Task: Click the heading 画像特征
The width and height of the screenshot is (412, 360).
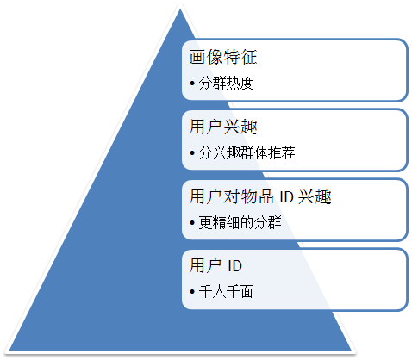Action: click(223, 57)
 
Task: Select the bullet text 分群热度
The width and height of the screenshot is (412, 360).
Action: click(226, 84)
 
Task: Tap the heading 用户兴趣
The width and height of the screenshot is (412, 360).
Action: click(223, 127)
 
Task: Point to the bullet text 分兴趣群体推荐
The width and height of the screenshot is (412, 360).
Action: click(247, 152)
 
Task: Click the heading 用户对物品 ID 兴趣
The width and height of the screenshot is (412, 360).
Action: click(260, 196)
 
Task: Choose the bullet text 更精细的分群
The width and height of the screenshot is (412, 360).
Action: click(240, 222)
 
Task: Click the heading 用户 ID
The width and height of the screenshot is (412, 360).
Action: click(215, 265)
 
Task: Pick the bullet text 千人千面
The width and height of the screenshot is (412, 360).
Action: click(226, 292)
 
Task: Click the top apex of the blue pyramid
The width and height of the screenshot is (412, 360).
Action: click(180, 9)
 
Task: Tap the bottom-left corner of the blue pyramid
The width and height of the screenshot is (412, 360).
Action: click(9, 351)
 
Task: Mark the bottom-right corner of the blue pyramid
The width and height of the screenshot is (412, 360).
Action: click(351, 351)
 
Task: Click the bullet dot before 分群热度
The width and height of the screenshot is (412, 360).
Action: click(192, 84)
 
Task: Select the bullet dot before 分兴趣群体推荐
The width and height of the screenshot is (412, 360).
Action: click(192, 153)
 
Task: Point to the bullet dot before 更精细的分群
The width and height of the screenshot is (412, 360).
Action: click(192, 223)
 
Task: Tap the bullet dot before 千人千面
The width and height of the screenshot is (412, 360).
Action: click(192, 292)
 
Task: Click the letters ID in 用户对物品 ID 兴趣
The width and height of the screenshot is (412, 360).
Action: click(286, 197)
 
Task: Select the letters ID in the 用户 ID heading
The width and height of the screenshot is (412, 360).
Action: click(234, 266)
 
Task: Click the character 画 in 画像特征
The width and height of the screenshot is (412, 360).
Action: click(197, 57)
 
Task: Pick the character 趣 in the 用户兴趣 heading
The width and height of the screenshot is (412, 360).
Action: click(249, 127)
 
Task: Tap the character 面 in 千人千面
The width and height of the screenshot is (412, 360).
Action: click(247, 292)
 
